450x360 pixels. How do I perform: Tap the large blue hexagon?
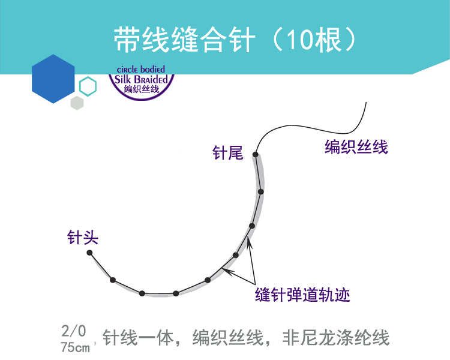pyautogui.click(x=53, y=79)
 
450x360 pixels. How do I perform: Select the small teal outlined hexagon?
pyautogui.click(x=88, y=86)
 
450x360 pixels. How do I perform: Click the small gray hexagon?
pyautogui.click(x=77, y=103)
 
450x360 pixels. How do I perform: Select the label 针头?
pyautogui.click(x=82, y=238)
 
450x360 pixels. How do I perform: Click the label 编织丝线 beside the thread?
pyautogui.click(x=356, y=146)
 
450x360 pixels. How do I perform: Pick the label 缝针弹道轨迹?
pyautogui.click(x=302, y=295)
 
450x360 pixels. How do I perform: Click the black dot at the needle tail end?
pyautogui.click(x=256, y=155)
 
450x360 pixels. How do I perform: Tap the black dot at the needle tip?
pyautogui.click(x=89, y=253)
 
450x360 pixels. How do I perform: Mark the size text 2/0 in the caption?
pyautogui.click(x=74, y=331)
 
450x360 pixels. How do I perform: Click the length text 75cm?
pyautogui.click(x=75, y=347)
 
